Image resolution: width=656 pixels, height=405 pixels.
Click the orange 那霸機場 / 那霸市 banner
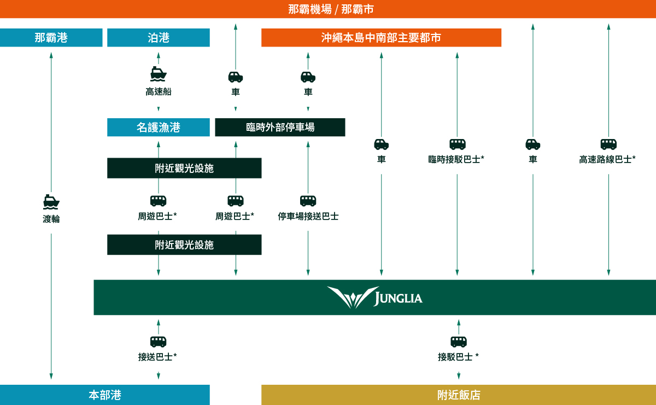[328, 9]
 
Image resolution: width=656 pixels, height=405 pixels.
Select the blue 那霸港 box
[51, 38]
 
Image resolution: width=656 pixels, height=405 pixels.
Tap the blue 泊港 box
[159, 38]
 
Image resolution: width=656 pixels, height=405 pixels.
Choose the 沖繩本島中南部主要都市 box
[381, 38]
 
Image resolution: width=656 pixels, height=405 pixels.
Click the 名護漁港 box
[159, 128]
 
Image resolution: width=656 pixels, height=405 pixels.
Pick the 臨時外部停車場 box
[280, 128]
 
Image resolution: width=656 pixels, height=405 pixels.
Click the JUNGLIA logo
[374, 298]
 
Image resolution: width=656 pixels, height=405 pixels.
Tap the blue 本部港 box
[105, 395]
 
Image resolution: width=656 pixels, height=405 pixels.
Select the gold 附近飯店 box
[459, 395]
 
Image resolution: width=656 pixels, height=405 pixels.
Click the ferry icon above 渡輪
[51, 202]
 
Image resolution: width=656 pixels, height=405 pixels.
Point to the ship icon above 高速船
[159, 74]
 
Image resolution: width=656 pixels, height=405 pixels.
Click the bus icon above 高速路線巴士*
[608, 144]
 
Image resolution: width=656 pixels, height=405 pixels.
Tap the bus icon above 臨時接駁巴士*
[457, 144]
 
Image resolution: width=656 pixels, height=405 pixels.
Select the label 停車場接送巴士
[308, 217]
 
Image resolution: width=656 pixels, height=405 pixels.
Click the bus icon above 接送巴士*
[159, 342]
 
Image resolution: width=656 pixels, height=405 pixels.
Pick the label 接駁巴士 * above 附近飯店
[459, 357]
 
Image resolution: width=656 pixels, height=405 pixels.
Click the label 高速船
[159, 92]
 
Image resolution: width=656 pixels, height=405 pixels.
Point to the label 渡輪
[51, 219]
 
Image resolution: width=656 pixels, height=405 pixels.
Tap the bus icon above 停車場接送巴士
[308, 201]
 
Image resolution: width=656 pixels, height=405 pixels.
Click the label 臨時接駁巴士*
[457, 159]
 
